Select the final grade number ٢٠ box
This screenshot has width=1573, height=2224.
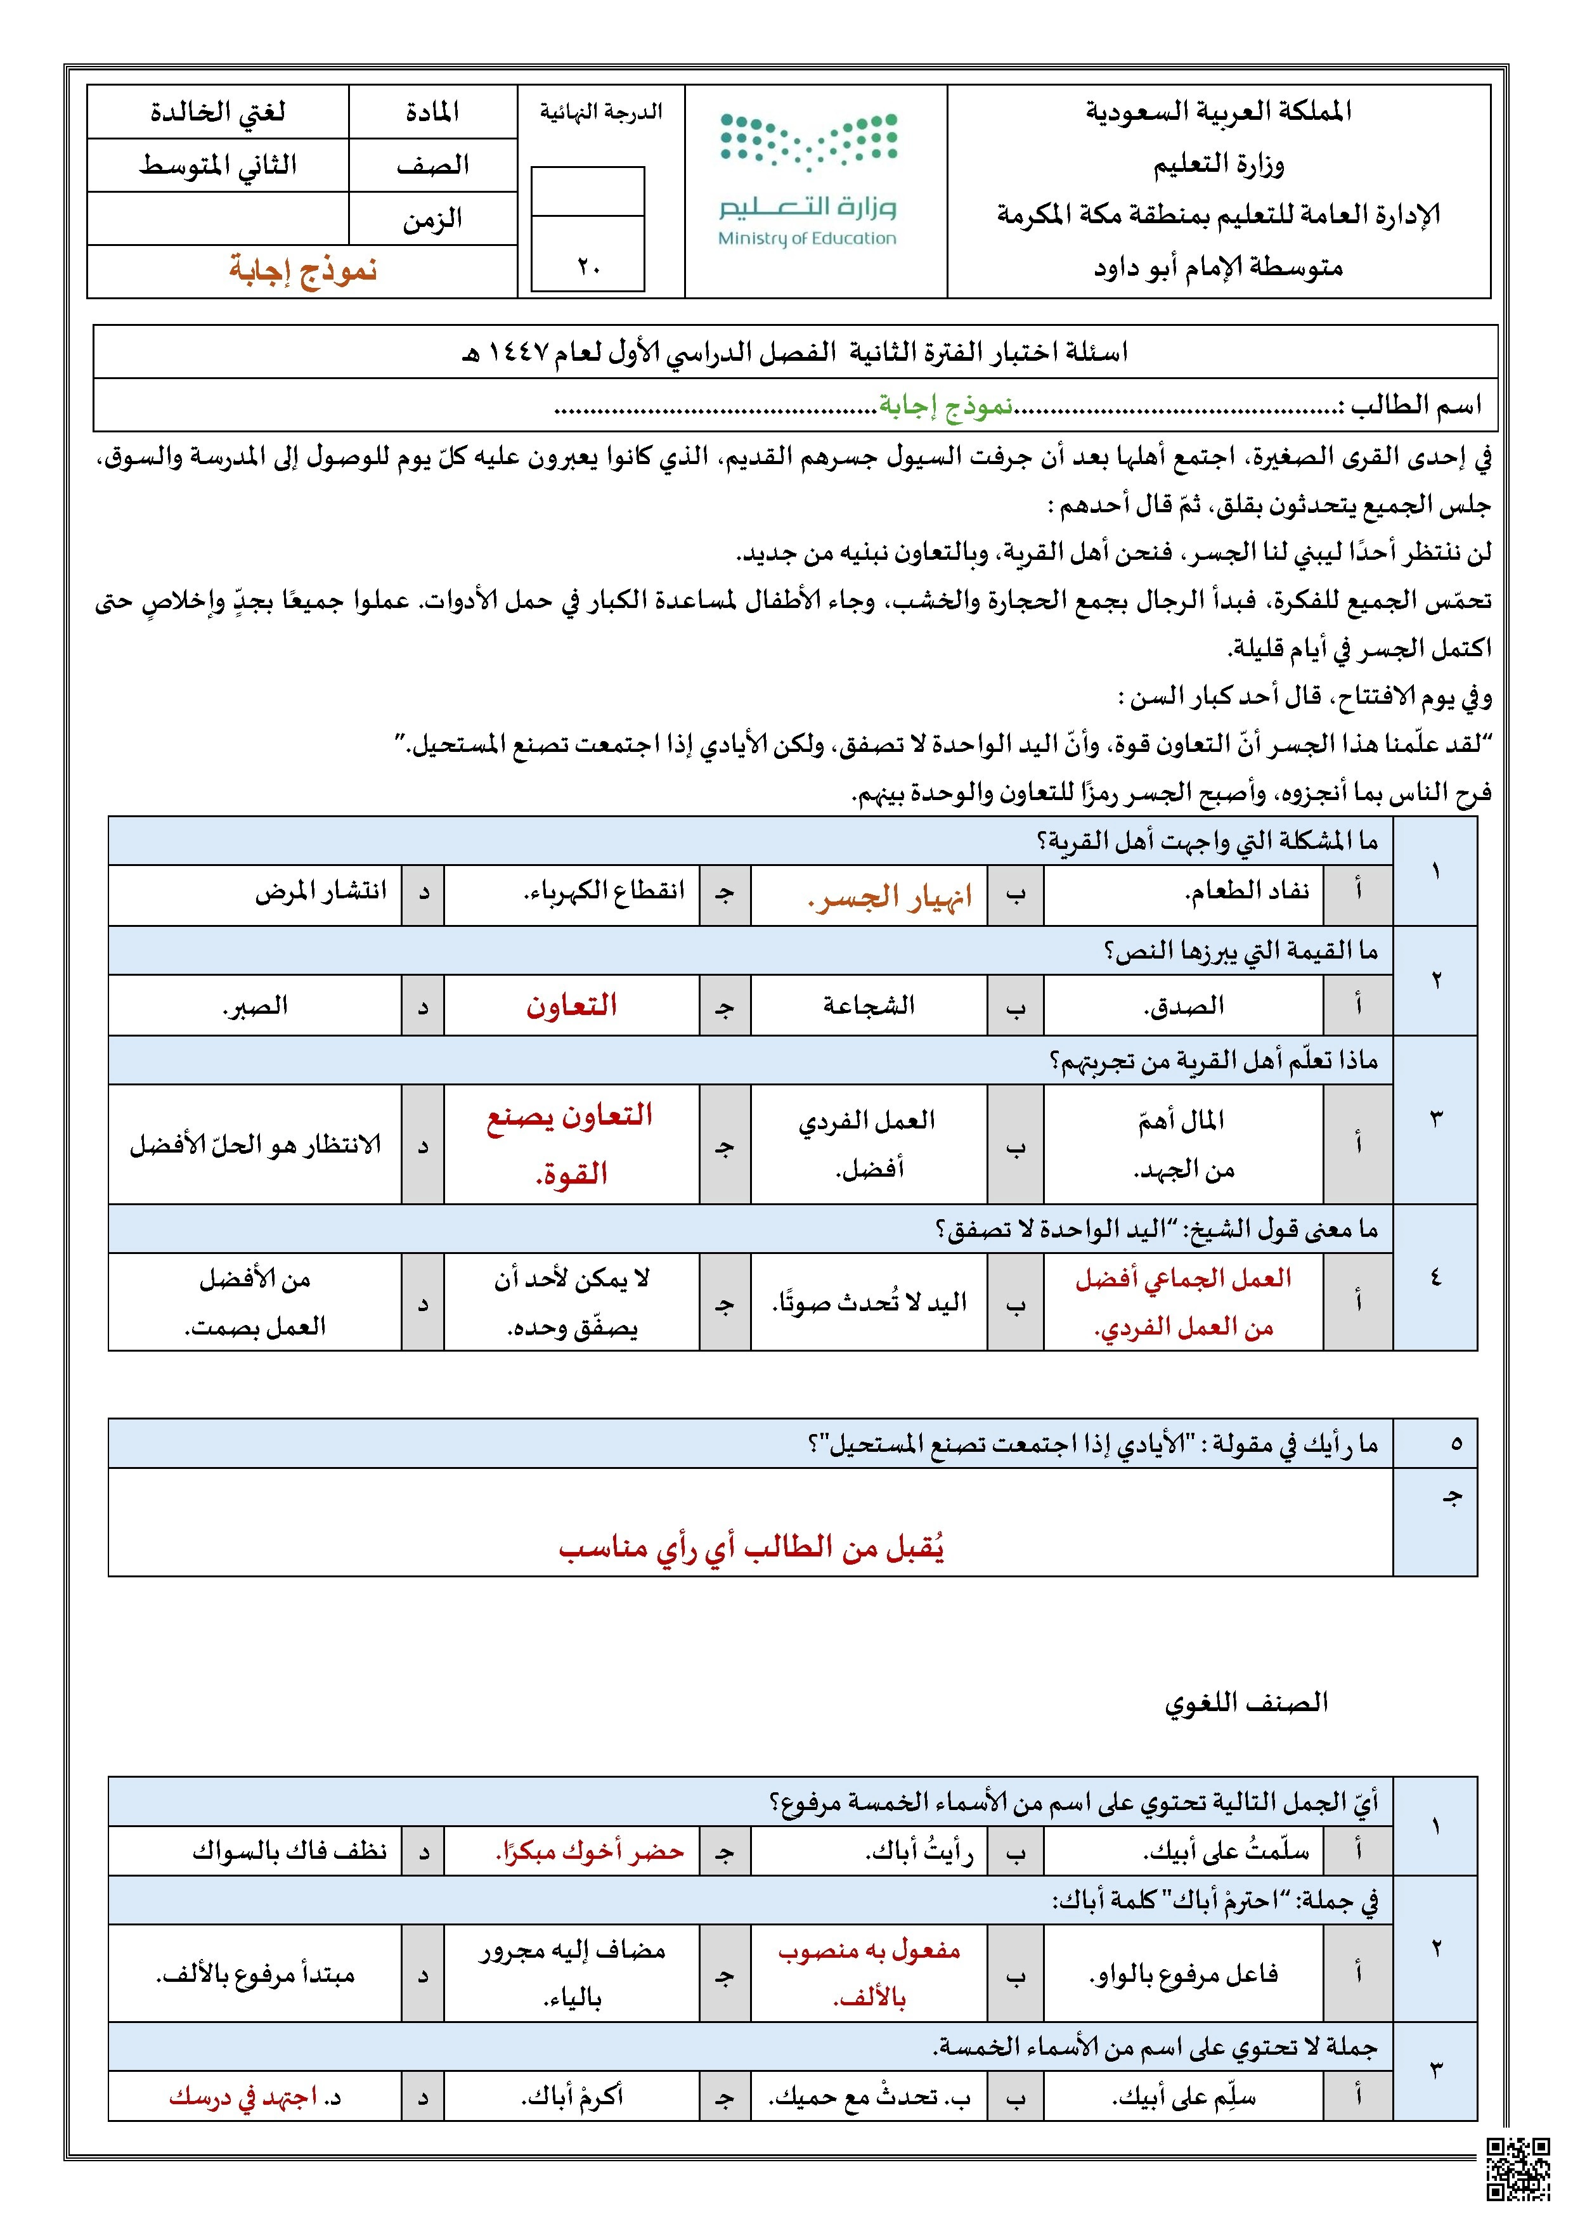pos(588,266)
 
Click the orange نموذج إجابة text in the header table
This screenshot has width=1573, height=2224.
pos(302,270)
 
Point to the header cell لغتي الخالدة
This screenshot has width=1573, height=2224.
pos(218,112)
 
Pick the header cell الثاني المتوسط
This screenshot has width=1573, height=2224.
pos(218,165)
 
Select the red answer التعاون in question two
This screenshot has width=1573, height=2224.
pos(571,1005)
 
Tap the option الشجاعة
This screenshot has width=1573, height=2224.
pos(869,1006)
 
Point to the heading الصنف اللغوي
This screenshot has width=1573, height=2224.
pos(1246,1702)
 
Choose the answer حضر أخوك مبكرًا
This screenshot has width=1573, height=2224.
pos(590,1852)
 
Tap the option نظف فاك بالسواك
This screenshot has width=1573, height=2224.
pos(290,1852)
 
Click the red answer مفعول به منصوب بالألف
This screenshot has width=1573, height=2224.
pos(869,1973)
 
